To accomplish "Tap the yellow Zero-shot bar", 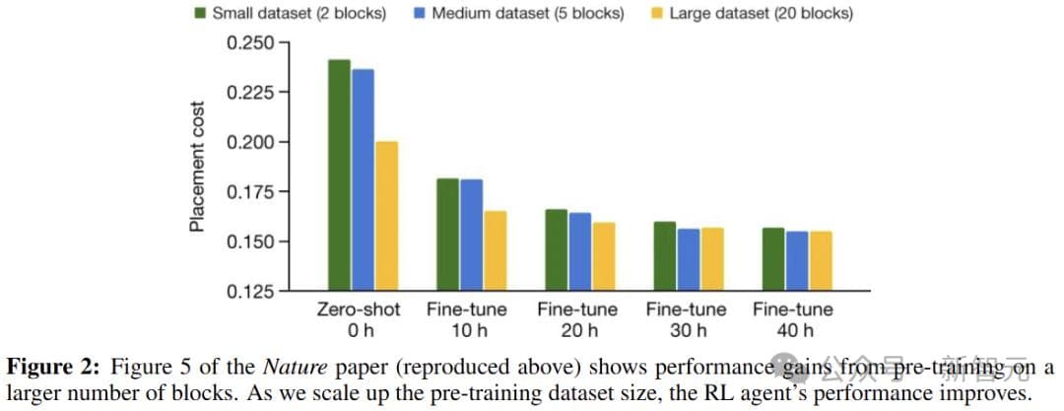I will (386, 216).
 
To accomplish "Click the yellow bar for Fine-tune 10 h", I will (495, 250).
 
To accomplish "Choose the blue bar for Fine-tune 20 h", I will (580, 251).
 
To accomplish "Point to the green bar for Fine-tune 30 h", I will (665, 256).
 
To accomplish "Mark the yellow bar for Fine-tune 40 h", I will (820, 261).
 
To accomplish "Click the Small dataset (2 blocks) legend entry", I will (290, 14).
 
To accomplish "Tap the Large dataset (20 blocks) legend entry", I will (752, 14).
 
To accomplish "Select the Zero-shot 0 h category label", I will (359, 319).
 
